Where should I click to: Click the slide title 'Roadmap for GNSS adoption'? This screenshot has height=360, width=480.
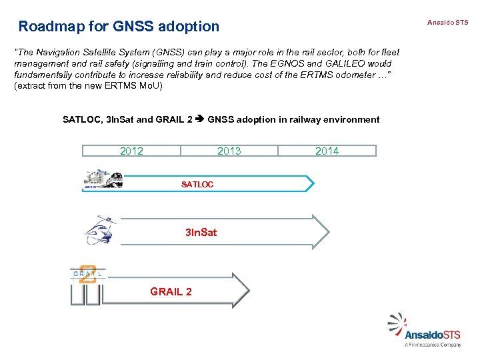119,27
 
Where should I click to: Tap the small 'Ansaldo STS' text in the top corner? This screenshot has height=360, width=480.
448,23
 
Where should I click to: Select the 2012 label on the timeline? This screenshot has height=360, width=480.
131,151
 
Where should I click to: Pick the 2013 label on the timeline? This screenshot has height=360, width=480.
229,151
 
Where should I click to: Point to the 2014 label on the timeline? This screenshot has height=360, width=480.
327,151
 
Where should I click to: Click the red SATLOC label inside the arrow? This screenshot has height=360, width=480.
197,185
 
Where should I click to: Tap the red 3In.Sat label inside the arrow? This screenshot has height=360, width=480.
201,233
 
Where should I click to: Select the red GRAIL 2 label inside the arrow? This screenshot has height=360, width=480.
171,292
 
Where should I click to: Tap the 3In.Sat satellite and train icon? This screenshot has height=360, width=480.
100,230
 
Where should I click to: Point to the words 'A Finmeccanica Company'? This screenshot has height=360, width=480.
433,345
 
